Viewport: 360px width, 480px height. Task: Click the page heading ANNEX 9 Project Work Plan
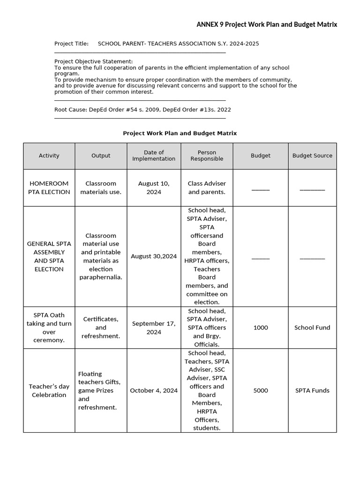pos(266,24)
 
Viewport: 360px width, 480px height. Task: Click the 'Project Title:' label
pos(71,44)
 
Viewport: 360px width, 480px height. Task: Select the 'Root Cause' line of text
pos(142,110)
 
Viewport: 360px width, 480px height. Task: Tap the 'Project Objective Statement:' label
pos(93,61)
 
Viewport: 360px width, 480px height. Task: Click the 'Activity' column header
pos(49,156)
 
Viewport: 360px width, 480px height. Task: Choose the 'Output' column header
pos(101,156)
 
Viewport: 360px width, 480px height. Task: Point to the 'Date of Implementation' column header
pos(154,156)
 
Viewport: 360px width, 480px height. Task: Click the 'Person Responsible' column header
pos(207,156)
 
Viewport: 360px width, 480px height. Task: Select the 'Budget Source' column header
pos(312,156)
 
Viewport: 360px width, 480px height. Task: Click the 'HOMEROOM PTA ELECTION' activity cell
pos(49,187)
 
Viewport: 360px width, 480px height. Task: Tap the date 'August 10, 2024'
pos(154,187)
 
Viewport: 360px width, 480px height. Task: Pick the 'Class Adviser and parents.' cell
pos(207,187)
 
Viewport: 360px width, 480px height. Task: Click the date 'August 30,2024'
pos(154,256)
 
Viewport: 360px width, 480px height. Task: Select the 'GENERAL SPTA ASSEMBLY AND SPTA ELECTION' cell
pos(49,256)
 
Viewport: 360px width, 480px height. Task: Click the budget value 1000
pos(261,328)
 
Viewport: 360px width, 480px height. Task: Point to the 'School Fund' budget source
pos(312,328)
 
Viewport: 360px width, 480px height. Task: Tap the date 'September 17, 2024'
pos(154,328)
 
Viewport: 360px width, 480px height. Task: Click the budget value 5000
pos(261,390)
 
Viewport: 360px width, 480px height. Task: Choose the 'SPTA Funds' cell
pos(312,390)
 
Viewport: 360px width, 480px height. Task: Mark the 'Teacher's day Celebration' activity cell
pos(49,390)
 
